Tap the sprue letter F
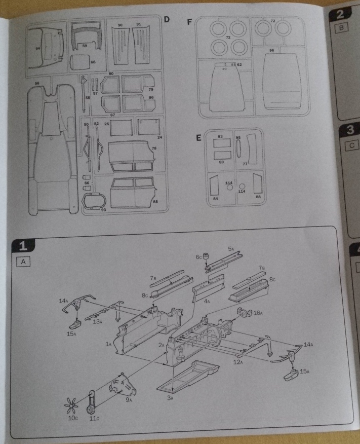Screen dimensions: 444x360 (189, 22)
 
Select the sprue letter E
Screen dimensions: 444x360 (198, 137)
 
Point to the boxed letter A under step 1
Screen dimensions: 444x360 (23, 262)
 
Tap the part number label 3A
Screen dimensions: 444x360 (173, 398)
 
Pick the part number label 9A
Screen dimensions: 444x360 (129, 400)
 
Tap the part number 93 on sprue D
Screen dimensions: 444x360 (103, 209)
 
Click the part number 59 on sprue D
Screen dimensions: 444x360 (85, 46)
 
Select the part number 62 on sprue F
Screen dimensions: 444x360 (239, 65)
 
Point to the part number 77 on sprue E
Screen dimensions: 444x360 (245, 164)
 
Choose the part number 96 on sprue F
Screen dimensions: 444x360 (272, 51)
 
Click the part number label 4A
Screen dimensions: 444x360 (207, 301)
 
